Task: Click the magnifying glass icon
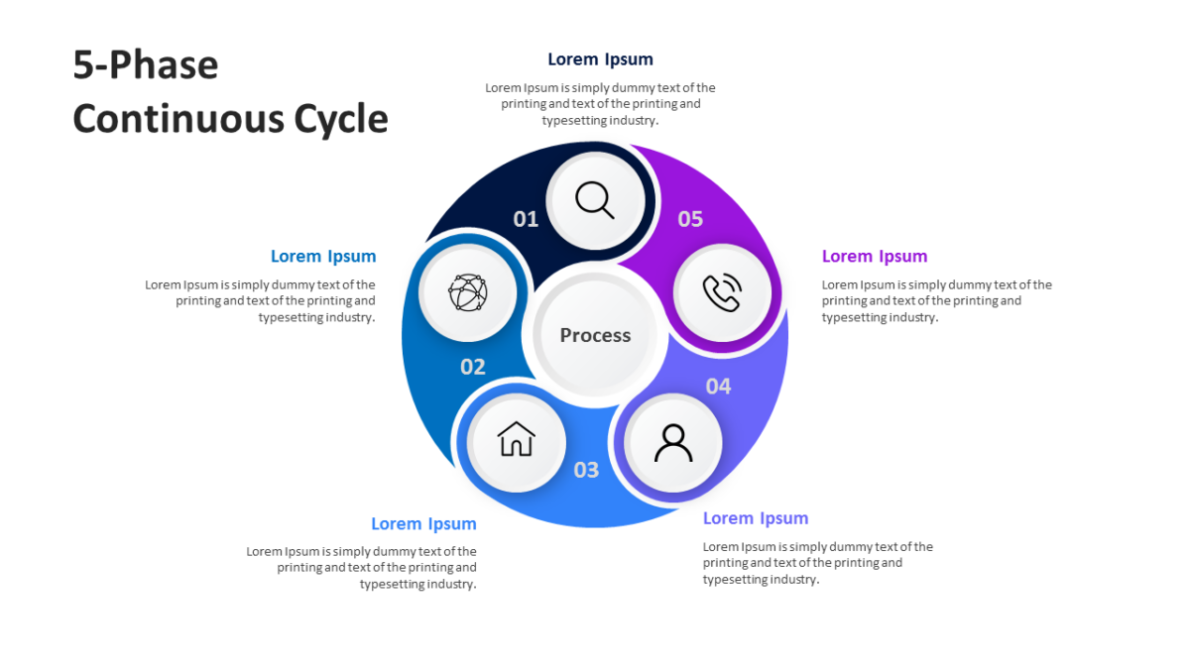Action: pos(594,200)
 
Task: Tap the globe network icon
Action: pos(467,292)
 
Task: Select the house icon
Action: pos(516,439)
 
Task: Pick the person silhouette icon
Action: pos(673,443)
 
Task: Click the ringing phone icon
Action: pos(722,292)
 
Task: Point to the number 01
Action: pos(526,219)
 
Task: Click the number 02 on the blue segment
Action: pos(472,367)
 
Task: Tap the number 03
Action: pos(586,470)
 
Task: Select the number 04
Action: pos(718,387)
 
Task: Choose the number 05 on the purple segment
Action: pos(690,219)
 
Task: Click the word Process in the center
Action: pos(595,335)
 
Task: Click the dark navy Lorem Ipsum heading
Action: pos(600,58)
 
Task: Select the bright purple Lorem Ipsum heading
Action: pos(875,257)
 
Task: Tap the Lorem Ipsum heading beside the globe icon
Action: pos(323,257)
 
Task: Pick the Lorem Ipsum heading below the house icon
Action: pos(423,524)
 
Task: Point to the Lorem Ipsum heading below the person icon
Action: pos(756,518)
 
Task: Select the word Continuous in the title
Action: pos(178,118)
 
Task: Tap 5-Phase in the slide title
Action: pos(146,64)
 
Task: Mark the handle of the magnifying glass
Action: pos(608,212)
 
